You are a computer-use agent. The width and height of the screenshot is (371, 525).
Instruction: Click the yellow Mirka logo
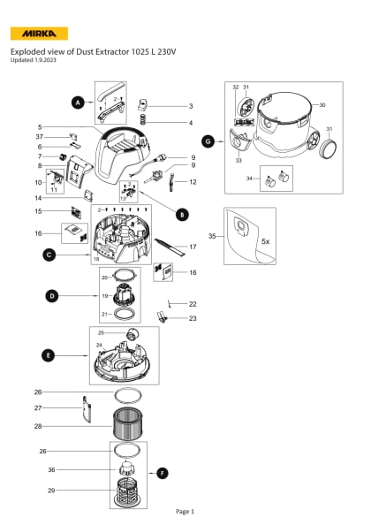point(38,34)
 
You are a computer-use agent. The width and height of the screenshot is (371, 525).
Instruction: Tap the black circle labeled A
point(78,103)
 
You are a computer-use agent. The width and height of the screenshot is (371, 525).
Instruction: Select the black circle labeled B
point(182,214)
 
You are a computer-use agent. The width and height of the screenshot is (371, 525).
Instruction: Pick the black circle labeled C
point(49,255)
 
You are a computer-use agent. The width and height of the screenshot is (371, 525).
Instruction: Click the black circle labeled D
point(52,294)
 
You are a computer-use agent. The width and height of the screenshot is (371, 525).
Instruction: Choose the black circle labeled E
point(47,354)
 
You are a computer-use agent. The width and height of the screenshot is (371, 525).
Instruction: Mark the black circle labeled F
point(162,473)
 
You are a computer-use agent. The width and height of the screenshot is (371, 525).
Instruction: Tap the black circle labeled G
point(208,141)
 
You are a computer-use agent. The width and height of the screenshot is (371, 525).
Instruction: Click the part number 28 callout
point(38,426)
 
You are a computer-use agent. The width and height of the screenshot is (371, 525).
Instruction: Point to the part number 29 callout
point(38,490)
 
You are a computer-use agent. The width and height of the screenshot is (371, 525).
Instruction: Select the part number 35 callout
point(212,236)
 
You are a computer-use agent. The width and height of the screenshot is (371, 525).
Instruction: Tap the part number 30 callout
point(322,104)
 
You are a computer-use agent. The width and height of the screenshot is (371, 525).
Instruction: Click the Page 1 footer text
point(185,511)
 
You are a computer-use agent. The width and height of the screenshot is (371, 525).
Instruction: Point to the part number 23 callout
point(192,318)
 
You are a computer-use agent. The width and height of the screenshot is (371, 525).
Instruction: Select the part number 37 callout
point(39,137)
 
